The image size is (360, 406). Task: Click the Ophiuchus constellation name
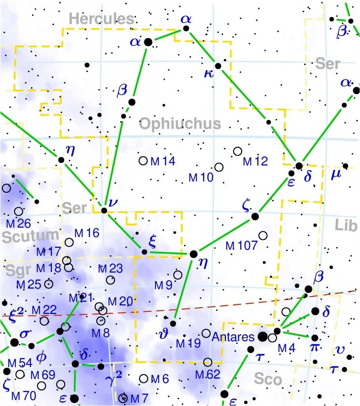click(x=180, y=124)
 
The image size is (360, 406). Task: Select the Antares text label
click(x=233, y=337)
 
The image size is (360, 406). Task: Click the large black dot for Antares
click(x=262, y=337)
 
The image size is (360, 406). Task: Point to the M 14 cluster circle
click(x=143, y=161)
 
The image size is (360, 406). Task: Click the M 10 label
click(x=201, y=178)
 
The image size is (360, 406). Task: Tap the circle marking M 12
click(x=237, y=151)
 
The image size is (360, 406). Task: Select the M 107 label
click(x=241, y=246)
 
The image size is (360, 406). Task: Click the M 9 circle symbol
click(x=178, y=275)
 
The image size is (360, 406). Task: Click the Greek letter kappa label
click(x=209, y=75)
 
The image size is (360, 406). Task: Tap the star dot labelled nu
click(x=104, y=211)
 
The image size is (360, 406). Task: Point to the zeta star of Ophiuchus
click(x=255, y=216)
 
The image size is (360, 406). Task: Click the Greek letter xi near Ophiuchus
click(x=152, y=240)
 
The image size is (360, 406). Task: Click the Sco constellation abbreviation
click(x=268, y=379)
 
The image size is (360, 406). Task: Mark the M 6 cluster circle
click(x=144, y=379)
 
